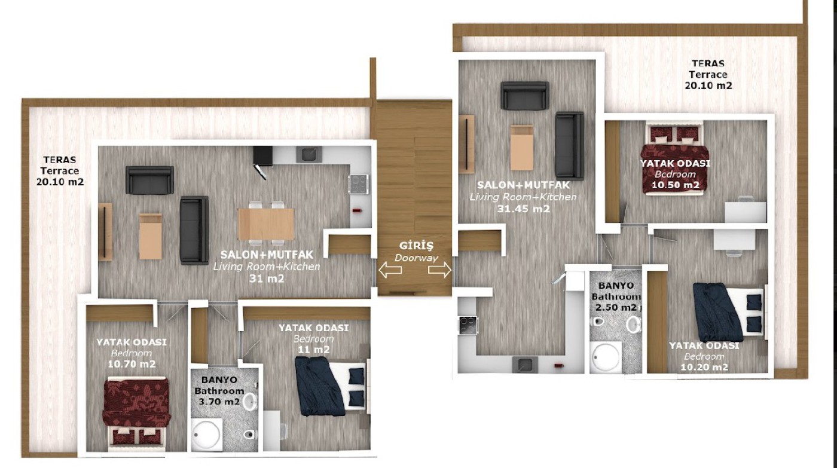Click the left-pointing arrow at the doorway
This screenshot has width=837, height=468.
pos(390,270)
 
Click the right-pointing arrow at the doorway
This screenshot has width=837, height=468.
pos(439,270)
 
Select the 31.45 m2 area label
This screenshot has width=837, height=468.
pos(524,209)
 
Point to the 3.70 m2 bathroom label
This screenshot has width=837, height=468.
pos(219,402)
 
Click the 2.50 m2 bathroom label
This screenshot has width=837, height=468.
pos(615,307)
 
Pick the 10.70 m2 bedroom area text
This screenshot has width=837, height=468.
pos(132,364)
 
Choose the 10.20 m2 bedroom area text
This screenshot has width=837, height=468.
pos(704,367)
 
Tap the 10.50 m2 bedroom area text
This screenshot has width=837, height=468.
pos(675,185)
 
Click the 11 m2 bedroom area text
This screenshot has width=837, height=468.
pos(313,350)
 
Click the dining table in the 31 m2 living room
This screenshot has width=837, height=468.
pos(266,224)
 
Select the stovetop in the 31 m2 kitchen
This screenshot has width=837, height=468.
pos(358,184)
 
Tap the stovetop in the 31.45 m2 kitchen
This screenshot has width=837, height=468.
pos(468,325)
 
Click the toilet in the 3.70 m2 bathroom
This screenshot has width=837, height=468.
pos(249,435)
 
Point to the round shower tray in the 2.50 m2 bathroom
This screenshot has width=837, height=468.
pos(606,357)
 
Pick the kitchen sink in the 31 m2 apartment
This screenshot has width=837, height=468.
pos(308,154)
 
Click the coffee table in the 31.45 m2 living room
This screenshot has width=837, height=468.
pos(522,148)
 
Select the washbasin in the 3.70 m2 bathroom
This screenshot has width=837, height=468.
pos(250,402)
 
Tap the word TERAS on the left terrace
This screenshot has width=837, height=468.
pos(60,160)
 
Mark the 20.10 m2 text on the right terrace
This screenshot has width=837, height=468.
pos(708,85)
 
